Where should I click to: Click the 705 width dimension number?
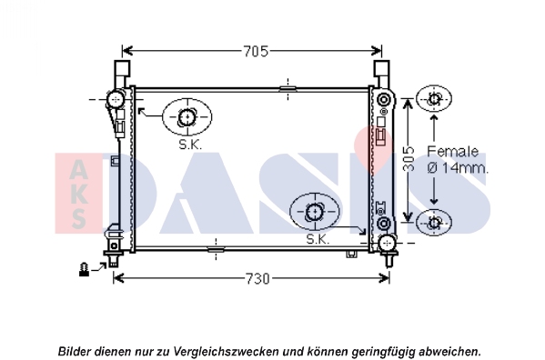[x=256, y=52]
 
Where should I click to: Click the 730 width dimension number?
[x=257, y=278]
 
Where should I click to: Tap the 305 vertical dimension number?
[x=409, y=159]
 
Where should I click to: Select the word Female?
[x=452, y=151]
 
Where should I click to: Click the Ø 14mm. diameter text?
[x=458, y=167]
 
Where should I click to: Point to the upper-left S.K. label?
[x=190, y=145]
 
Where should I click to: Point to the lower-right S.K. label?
[x=318, y=239]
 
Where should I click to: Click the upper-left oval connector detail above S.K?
[x=187, y=117]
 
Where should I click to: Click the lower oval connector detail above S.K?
[x=315, y=212]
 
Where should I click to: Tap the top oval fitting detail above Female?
[x=434, y=99]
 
